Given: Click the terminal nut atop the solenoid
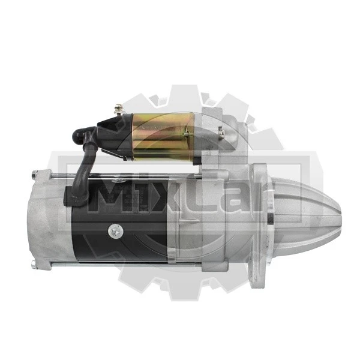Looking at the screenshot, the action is [118, 109].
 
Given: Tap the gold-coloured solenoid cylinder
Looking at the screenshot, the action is [163, 137].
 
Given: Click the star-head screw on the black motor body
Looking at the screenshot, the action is [115, 230].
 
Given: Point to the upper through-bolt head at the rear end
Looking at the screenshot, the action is [34, 173].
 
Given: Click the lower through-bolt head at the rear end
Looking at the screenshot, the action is [34, 265].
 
